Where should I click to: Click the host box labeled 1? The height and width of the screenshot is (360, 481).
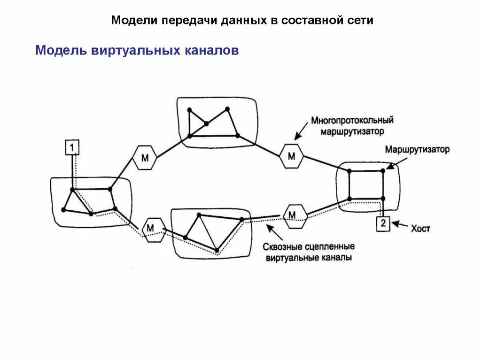click(72, 147)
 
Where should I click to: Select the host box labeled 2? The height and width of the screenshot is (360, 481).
click(383, 223)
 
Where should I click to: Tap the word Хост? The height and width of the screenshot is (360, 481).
click(420, 229)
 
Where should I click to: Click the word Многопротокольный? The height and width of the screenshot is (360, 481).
click(352, 121)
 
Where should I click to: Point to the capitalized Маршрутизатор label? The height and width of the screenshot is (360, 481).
click(417, 150)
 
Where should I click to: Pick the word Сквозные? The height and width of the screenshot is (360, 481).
click(281, 247)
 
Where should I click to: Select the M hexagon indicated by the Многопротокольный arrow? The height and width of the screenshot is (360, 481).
click(291, 156)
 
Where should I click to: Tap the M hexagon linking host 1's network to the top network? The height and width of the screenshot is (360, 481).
click(145, 158)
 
